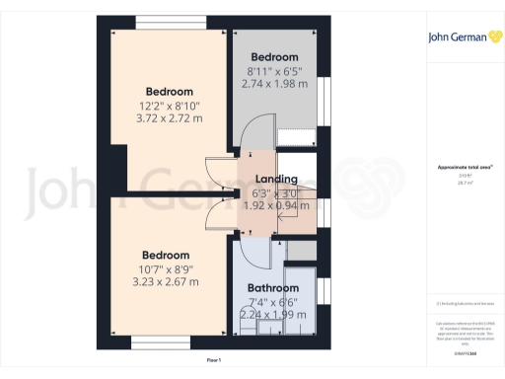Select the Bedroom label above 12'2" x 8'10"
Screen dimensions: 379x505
pos(170,92)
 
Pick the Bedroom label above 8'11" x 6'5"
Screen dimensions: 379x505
pos(274,57)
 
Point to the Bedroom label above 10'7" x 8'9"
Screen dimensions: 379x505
pos(166,253)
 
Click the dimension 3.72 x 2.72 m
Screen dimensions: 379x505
pos(170,118)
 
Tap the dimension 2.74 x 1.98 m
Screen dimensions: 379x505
pos(274,84)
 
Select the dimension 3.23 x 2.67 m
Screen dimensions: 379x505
pos(166,280)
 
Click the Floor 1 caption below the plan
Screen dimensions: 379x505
pos(214,362)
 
